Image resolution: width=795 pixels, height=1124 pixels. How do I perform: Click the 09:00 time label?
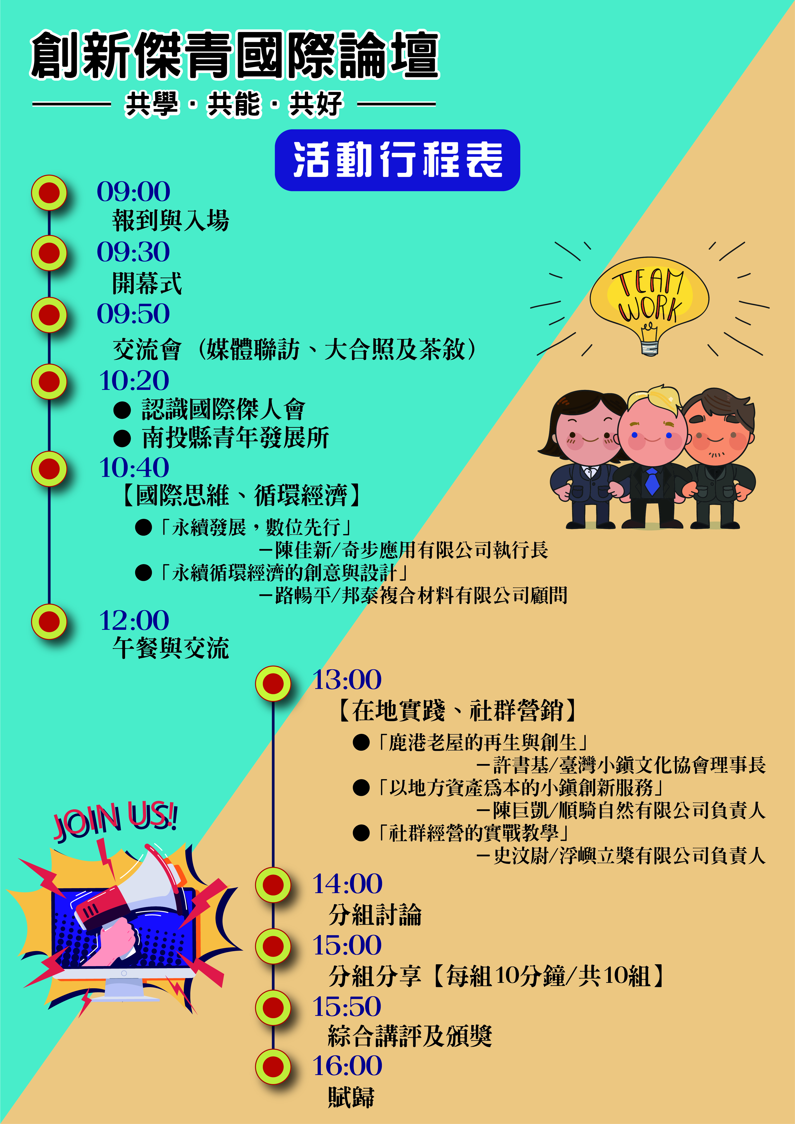(133, 191)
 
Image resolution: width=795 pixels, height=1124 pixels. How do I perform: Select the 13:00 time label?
(347, 679)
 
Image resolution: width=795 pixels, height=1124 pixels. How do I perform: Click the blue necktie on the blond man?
(652, 481)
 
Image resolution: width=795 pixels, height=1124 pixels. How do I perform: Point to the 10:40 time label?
(134, 467)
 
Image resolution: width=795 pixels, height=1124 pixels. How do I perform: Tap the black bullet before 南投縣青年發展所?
(122, 438)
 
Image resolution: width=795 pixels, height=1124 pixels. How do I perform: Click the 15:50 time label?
(347, 1006)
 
